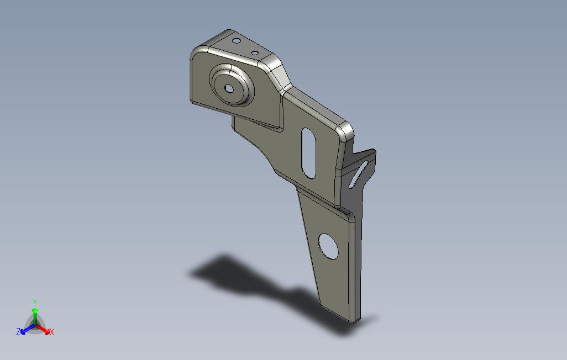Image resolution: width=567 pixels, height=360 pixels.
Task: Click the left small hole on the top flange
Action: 236,41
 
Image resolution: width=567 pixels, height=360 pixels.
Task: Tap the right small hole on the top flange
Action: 255,53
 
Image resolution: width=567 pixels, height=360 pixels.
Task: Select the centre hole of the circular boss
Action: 229,88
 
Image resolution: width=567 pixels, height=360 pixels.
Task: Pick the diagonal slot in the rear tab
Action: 358,174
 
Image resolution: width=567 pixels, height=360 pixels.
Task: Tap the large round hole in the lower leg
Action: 328,246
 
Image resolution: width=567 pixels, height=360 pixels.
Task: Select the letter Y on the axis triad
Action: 35,302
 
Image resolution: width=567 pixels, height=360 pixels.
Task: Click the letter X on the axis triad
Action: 52,332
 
